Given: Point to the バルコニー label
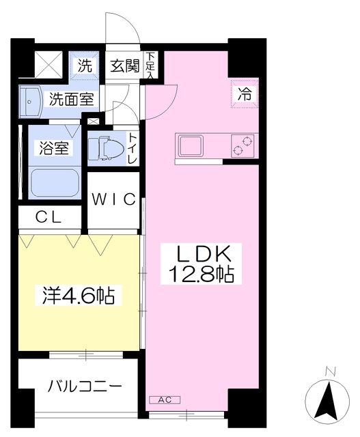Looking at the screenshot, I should [x=85, y=386].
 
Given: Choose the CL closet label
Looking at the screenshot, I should [x=49, y=218].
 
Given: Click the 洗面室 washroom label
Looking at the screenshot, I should [x=70, y=98].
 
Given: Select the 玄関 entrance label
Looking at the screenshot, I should [x=125, y=66].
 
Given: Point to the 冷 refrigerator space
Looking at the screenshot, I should [x=244, y=94].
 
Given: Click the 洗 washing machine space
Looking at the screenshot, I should [x=85, y=66].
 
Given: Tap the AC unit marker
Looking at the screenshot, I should [x=164, y=399].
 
